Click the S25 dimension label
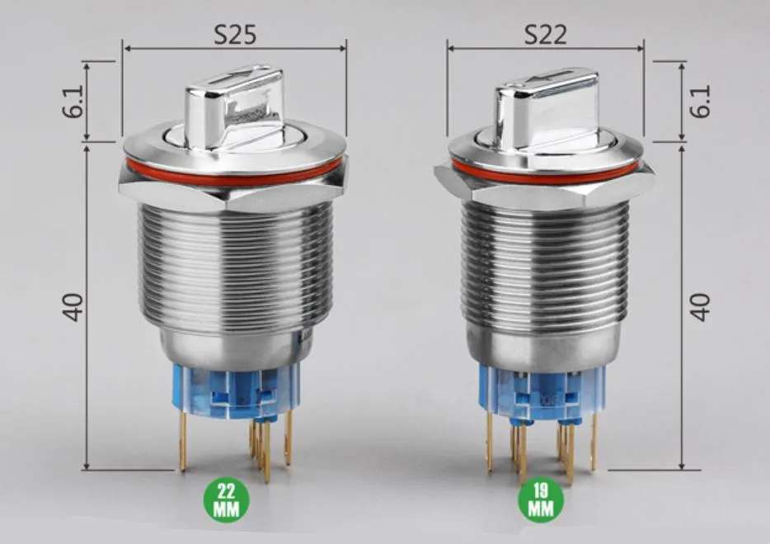(235, 35)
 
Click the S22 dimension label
(545, 35)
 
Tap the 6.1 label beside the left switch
(73, 102)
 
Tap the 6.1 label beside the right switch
(700, 102)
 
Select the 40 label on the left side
(73, 307)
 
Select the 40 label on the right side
(700, 307)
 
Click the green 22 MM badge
(227, 499)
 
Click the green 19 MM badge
(541, 499)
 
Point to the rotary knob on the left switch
(234, 108)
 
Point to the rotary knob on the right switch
(546, 111)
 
